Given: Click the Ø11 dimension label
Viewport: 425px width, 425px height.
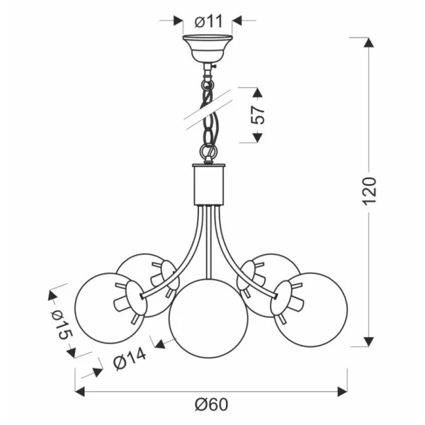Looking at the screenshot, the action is click(208, 21).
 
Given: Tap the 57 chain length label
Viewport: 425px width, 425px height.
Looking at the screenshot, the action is click(258, 115).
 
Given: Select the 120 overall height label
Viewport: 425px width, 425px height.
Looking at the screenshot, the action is click(369, 191).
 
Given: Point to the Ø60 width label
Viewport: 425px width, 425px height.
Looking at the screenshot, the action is click(211, 404).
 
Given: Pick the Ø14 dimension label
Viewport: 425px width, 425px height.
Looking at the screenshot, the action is click(130, 358).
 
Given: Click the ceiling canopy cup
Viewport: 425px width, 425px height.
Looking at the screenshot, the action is click(208, 48).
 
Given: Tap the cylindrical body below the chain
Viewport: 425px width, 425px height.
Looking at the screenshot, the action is click(208, 184).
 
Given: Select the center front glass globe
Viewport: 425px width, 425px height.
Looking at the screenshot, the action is click(208, 318).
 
